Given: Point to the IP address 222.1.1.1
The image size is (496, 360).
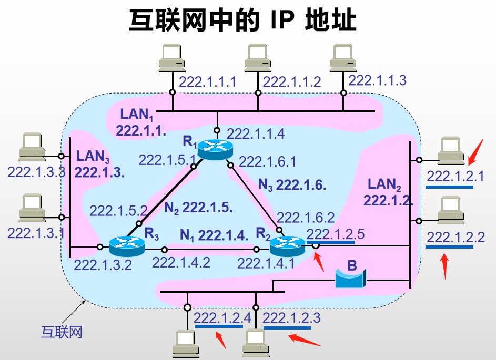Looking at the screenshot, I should [x=207, y=82].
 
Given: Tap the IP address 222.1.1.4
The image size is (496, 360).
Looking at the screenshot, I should [x=256, y=133].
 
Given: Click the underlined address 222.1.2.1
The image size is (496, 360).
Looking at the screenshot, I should [x=455, y=176].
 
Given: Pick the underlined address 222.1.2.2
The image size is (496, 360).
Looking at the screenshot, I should [x=455, y=236].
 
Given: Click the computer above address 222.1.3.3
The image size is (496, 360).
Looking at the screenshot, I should [x=32, y=148].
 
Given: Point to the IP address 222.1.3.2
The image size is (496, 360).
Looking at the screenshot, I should [x=103, y=264].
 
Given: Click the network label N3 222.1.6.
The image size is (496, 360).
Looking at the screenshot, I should [x=292, y=185].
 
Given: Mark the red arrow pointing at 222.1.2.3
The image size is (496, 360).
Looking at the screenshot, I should [x=303, y=338].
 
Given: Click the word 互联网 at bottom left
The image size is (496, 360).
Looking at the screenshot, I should [x=62, y=332].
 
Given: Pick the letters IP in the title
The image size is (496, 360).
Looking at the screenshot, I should [x=284, y=21].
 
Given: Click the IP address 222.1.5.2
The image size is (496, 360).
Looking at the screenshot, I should [x=118, y=211].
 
